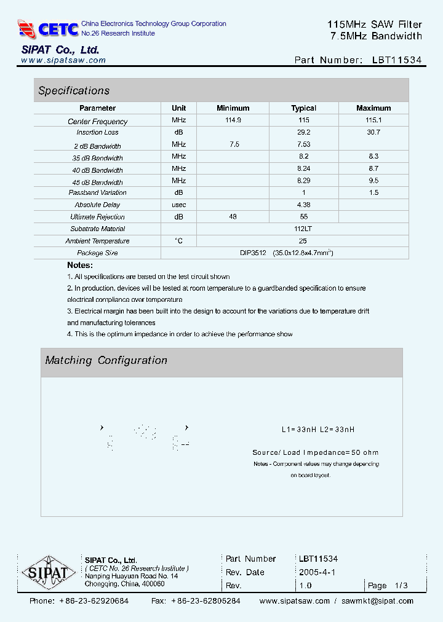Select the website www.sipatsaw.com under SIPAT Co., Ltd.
(63, 60)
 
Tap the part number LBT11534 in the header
(397, 60)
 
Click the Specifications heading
(74, 91)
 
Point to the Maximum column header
(373, 108)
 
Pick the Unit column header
(179, 108)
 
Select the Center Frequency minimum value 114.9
(233, 120)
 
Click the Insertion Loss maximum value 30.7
(373, 132)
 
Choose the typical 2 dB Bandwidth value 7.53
(303, 144)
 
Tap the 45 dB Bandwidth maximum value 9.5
(373, 181)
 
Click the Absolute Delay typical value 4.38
(303, 205)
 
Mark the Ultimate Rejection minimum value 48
(233, 217)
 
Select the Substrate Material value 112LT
(303, 229)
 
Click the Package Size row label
(97, 253)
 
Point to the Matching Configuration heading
(106, 361)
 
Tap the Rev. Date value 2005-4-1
(317, 572)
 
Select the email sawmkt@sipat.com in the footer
(378, 601)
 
